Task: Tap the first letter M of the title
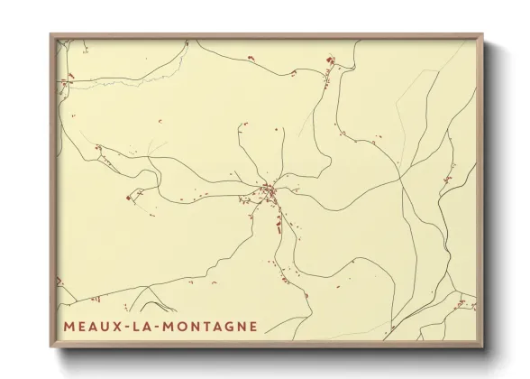tap(69, 326)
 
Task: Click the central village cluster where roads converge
tap(269, 190)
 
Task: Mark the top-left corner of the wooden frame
tap(50, 35)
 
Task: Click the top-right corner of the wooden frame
tap(483, 35)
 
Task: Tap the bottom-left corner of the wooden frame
tap(50, 346)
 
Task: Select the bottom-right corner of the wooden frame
tap(483, 346)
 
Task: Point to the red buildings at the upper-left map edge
tap(65, 83)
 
